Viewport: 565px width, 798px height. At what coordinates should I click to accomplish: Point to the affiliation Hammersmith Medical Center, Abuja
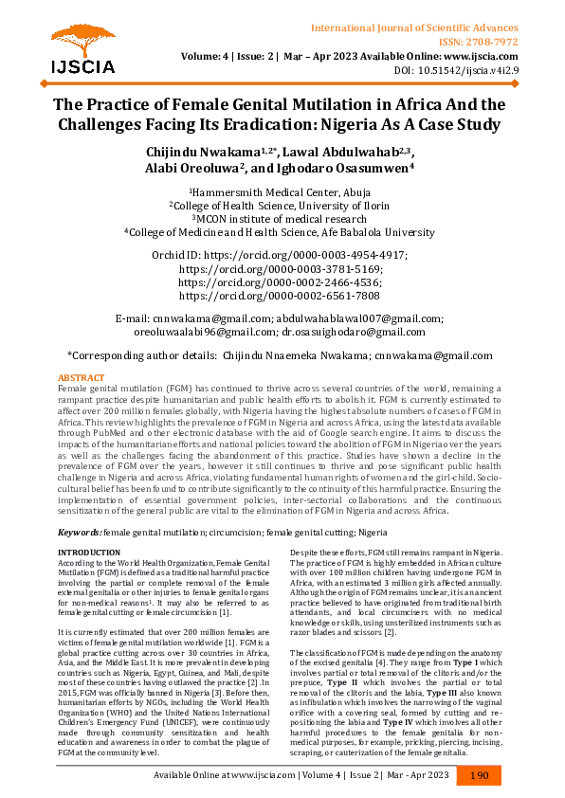point(282,191)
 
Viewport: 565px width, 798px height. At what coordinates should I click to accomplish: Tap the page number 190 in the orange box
point(480,775)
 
